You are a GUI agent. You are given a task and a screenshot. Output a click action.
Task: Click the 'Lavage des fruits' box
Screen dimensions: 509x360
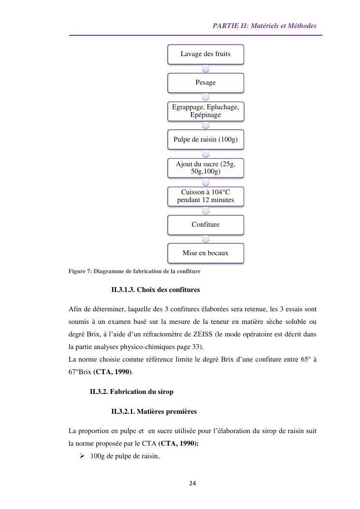pos(205,54)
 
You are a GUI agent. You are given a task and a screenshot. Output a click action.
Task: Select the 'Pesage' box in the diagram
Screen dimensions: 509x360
pos(205,83)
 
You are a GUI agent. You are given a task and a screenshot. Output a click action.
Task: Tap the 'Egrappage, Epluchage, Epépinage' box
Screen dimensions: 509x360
pos(205,111)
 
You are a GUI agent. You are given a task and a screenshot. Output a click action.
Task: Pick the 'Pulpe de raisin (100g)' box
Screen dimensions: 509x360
pos(205,140)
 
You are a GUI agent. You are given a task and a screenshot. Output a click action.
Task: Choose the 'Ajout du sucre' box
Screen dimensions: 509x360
pos(205,168)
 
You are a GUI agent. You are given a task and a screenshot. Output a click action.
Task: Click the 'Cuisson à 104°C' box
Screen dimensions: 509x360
pos(205,196)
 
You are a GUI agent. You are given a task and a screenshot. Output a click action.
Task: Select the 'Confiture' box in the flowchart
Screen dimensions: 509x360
pos(205,225)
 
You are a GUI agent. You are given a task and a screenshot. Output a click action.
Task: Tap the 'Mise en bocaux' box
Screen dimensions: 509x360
pos(205,253)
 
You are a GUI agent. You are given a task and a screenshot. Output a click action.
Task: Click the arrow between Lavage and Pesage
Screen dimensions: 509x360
pos(205,69)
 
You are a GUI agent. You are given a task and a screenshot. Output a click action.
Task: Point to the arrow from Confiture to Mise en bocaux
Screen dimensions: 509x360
pos(205,239)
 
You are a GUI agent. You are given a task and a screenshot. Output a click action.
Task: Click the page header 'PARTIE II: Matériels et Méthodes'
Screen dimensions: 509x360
pos(264,26)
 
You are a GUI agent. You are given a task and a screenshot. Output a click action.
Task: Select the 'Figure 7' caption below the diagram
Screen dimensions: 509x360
pos(134,271)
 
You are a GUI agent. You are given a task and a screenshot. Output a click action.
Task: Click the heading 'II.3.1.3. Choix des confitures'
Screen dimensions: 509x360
pos(155,290)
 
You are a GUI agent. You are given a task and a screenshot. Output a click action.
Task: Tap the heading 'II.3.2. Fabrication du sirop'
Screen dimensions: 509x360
pos(131,392)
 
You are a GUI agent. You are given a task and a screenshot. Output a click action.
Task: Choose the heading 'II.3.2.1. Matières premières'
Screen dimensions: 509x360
pos(154,412)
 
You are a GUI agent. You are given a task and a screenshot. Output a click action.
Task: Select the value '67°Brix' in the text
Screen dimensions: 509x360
pos(80,372)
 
